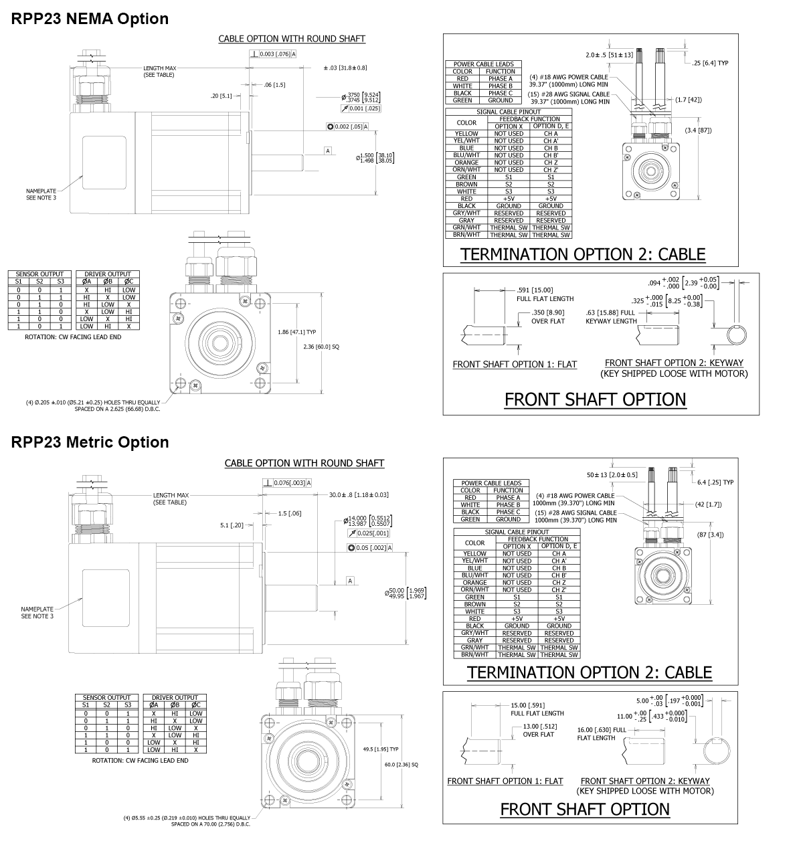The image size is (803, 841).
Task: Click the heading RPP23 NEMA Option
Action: pyautogui.click(x=90, y=19)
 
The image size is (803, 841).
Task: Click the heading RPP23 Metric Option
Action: pyautogui.click(x=90, y=442)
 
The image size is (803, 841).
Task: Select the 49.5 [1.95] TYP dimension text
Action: pyautogui.click(x=381, y=749)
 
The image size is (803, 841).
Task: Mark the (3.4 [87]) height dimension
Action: pyautogui.click(x=698, y=130)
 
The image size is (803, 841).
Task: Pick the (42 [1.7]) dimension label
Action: pyautogui.click(x=709, y=504)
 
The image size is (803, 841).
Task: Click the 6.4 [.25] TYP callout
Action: pyautogui.click(x=715, y=482)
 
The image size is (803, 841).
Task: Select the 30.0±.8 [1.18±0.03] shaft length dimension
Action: pyautogui.click(x=359, y=494)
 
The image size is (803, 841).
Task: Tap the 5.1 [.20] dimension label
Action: pyautogui.click(x=232, y=525)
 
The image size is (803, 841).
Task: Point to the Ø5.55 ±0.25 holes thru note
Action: pyautogui.click(x=187, y=820)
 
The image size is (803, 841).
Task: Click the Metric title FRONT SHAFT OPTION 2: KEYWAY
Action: pyautogui.click(x=645, y=781)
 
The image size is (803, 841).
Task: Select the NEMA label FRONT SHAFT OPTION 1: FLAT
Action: pyautogui.click(x=515, y=365)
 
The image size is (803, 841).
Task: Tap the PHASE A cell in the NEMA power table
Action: pyautogui.click(x=500, y=78)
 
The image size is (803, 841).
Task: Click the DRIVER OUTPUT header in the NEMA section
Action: pyautogui.click(x=108, y=274)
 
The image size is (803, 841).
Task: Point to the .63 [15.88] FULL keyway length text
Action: pyautogui.click(x=610, y=316)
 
